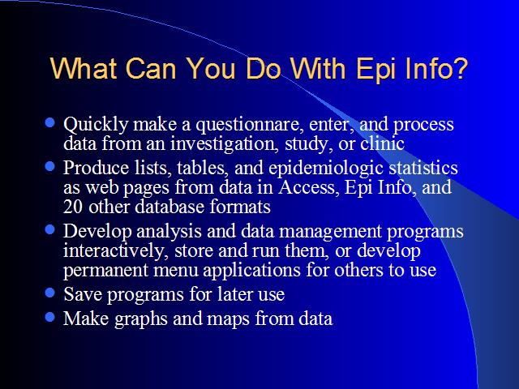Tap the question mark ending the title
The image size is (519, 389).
tap(459, 68)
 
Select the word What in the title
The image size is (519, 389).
tap(83, 68)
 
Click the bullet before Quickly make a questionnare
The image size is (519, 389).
tap(49, 122)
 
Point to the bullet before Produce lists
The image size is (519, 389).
tap(49, 166)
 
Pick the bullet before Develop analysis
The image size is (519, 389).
tap(49, 229)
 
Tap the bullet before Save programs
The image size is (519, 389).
tap(49, 293)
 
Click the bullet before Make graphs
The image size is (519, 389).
tap(49, 317)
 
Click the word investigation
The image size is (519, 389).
tap(225, 144)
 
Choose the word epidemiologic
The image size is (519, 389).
tap(326, 169)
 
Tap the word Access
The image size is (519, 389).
tap(309, 187)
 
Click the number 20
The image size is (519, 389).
tap(73, 207)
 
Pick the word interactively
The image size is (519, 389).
tap(114, 250)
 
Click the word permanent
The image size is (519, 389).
tap(105, 271)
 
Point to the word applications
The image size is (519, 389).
tap(251, 271)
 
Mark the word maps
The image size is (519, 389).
tap(228, 319)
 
